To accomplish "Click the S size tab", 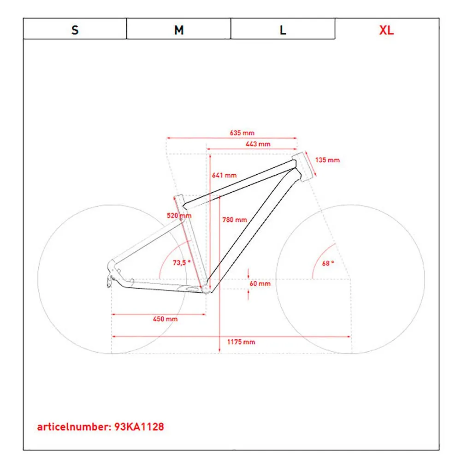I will [75, 30].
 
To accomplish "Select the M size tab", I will [179, 30].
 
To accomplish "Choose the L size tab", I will [283, 30].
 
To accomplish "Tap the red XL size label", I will [386, 30].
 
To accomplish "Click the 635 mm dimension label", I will [242, 133].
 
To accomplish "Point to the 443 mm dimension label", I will [258, 144].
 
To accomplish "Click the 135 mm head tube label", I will [327, 160].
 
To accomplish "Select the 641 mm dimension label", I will [224, 175].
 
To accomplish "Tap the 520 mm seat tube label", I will [179, 215].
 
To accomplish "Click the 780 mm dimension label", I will [235, 219].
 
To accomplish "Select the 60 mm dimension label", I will [260, 284].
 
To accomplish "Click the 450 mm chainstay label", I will [165, 319].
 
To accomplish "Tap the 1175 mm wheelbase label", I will [241, 342].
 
